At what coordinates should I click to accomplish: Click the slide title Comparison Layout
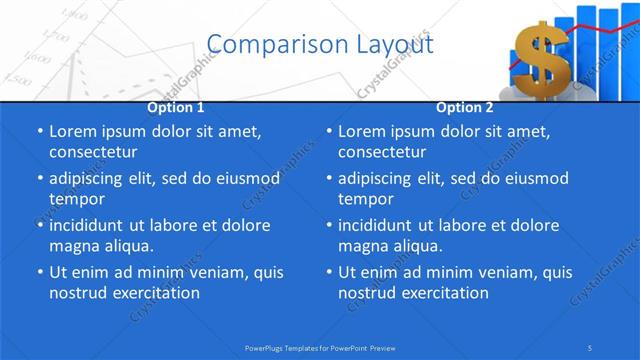[320, 44]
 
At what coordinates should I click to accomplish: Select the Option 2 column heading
[465, 107]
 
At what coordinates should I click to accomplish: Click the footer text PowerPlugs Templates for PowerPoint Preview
[320, 347]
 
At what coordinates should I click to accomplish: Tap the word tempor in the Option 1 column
[73, 199]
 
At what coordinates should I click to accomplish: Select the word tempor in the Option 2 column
[362, 199]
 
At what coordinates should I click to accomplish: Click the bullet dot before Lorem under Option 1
[39, 132]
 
